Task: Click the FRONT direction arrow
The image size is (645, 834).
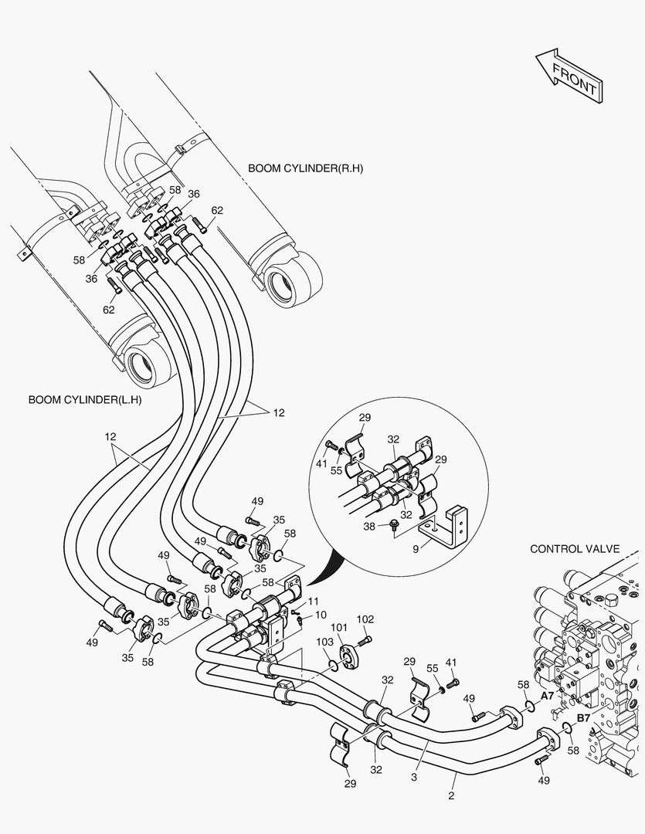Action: (568, 76)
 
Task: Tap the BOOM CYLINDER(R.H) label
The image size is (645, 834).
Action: (305, 168)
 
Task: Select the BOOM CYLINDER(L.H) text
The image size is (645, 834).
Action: (85, 400)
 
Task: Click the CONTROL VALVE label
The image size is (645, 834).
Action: (575, 549)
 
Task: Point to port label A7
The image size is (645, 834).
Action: (547, 696)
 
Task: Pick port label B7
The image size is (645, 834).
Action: (583, 717)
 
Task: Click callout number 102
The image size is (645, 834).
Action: (365, 619)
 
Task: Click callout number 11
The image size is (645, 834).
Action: (313, 601)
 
